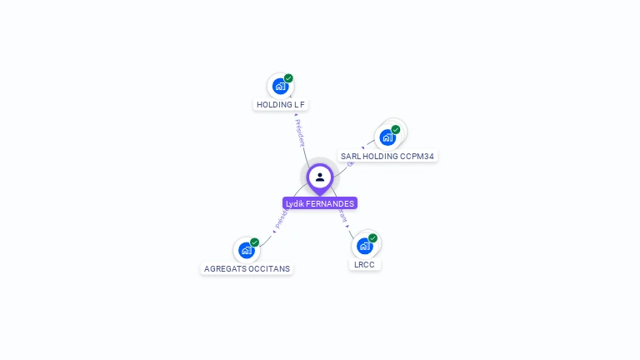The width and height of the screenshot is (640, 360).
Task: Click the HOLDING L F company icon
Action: tap(281, 86)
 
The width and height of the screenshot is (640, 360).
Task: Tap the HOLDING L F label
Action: tap(281, 105)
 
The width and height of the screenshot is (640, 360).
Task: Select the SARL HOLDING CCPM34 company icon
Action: tap(387, 137)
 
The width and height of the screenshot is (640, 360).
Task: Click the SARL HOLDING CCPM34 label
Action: tap(387, 156)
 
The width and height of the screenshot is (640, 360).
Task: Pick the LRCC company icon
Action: tap(364, 246)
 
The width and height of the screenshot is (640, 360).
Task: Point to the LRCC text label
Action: tap(364, 265)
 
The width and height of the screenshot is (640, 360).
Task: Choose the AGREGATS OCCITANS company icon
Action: tap(246, 250)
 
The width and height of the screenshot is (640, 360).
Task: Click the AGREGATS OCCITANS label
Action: tap(247, 269)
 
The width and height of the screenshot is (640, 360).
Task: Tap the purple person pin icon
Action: tap(319, 177)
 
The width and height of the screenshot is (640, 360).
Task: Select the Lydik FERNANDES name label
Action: tap(320, 203)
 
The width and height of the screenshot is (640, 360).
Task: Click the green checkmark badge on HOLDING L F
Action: tap(288, 78)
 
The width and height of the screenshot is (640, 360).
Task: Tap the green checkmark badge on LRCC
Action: tap(372, 238)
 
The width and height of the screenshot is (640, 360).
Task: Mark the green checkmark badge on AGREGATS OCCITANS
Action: tap(254, 242)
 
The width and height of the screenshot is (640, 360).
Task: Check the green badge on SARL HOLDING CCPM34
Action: tap(396, 129)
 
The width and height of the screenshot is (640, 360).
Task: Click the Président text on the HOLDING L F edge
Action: tap(300, 132)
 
